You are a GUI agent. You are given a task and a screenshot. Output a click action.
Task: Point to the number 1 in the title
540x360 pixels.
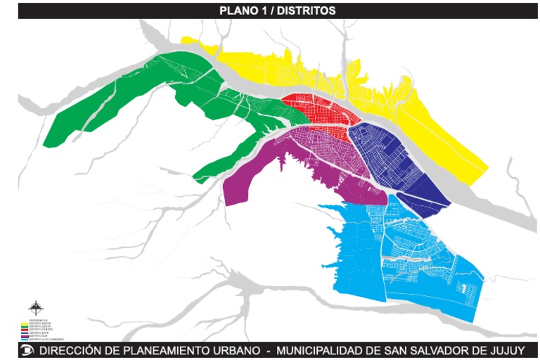[261, 11]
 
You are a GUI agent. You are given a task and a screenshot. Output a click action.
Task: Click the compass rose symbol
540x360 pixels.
[35, 307]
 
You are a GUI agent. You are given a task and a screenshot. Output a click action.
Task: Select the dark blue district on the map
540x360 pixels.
[394, 155]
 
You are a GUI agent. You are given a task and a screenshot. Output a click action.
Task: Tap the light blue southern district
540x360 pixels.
[394, 260]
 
